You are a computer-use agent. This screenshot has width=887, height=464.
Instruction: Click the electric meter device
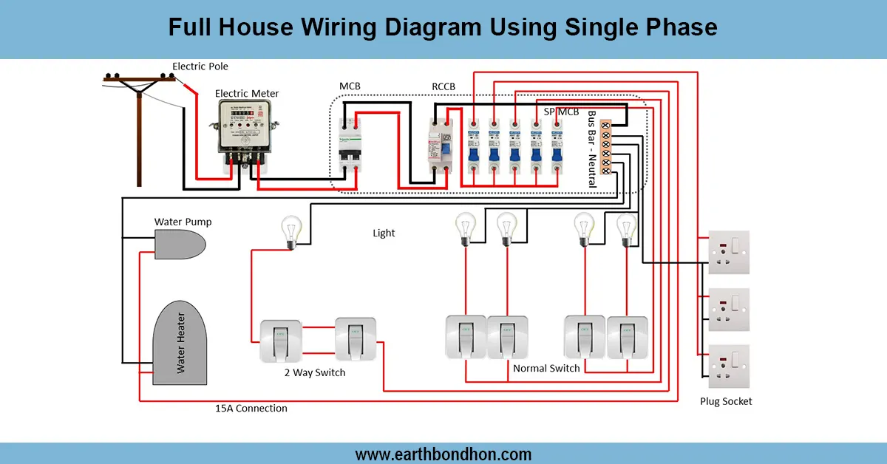243,129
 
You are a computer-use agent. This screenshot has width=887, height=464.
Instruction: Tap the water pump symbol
181,244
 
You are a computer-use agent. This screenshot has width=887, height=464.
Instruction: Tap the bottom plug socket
729,366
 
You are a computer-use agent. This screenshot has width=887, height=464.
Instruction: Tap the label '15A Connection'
251,408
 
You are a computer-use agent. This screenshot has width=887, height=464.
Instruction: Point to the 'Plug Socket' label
726,401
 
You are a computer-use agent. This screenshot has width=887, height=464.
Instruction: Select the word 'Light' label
384,233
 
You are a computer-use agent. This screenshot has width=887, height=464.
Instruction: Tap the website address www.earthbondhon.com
443,454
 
